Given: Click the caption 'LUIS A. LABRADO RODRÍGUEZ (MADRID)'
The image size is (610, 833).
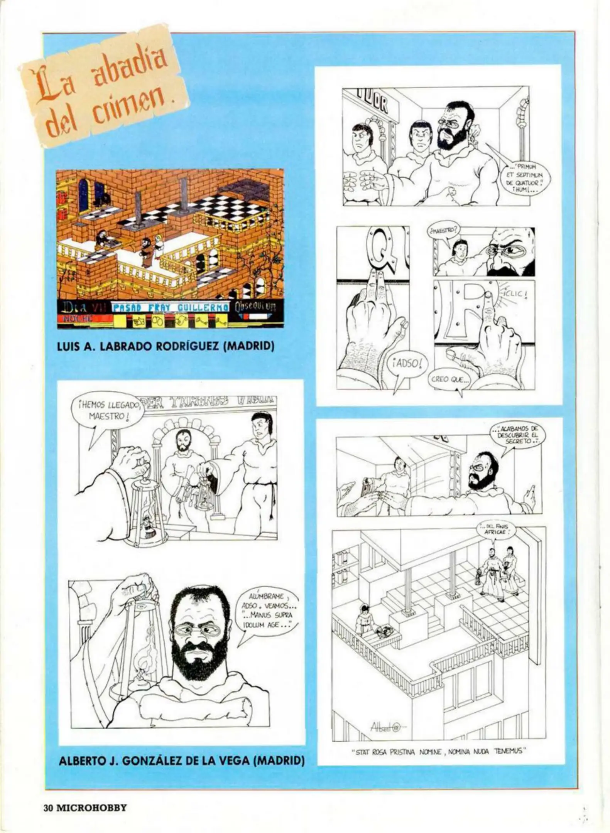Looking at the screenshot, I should coord(166,346).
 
